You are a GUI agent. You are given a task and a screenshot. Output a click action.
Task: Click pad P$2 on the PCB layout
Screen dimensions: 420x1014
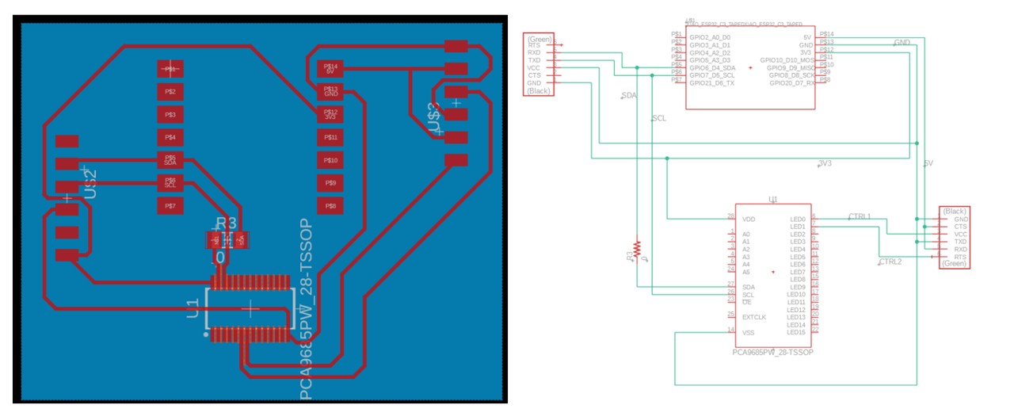pos(170,92)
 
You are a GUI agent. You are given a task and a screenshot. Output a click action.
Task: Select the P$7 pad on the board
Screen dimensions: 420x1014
pos(170,206)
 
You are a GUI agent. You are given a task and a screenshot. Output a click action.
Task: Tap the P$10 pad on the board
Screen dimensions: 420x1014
pos(330,161)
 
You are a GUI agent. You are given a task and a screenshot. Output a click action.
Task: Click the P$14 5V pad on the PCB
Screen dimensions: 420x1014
pos(330,70)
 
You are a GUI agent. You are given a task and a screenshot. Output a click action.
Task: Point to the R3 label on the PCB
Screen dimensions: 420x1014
pos(227,223)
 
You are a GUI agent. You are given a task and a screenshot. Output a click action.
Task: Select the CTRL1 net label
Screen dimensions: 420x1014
pos(860,216)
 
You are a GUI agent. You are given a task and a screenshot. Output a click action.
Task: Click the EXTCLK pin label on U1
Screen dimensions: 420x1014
pos(754,316)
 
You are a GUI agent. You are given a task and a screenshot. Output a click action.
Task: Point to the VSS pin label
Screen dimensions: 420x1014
pos(749,332)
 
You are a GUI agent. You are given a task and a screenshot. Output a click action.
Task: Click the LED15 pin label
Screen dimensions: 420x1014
pos(796,332)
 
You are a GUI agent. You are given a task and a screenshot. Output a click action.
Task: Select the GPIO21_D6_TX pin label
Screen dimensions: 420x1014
pos(712,82)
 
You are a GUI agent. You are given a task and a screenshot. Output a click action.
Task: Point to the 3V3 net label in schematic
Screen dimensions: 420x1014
pos(825,164)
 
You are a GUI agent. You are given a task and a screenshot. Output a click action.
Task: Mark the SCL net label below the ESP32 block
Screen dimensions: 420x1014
pos(658,118)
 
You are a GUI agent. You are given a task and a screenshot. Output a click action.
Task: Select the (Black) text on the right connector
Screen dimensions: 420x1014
pos(955,211)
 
